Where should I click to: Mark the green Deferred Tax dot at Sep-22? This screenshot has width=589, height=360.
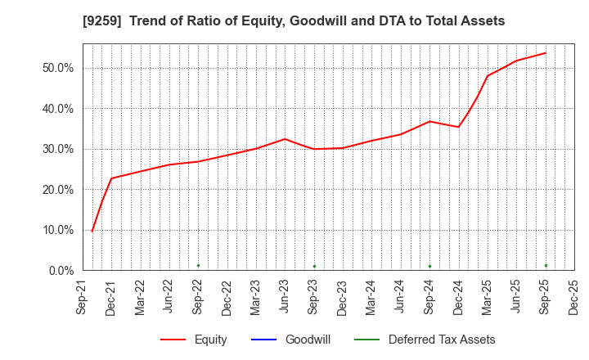click(x=198, y=265)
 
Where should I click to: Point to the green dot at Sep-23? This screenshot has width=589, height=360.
click(x=314, y=266)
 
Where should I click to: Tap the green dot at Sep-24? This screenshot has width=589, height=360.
click(x=429, y=266)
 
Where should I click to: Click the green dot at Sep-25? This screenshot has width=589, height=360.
click(x=546, y=265)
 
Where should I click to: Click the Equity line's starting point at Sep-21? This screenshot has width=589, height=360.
click(x=92, y=232)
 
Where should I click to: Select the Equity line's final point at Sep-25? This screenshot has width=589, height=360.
click(x=546, y=53)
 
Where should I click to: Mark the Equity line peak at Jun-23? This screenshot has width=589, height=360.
click(x=285, y=139)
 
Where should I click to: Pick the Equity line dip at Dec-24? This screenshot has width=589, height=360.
click(x=458, y=127)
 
